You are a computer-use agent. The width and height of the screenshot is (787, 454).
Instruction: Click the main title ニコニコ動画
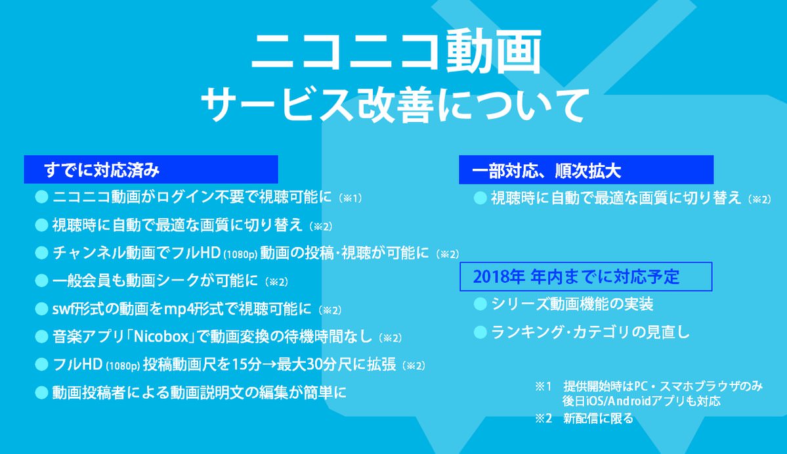coord(396,52)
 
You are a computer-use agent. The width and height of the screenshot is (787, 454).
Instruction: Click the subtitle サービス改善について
coord(394,105)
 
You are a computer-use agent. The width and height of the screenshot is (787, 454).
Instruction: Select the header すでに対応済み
coord(151,170)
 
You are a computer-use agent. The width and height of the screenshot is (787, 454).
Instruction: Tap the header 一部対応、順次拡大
coord(586,170)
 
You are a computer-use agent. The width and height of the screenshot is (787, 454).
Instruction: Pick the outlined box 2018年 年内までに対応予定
coord(586,277)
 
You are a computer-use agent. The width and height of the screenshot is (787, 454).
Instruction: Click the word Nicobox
coord(161,336)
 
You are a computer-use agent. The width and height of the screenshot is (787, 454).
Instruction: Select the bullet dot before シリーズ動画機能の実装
coord(480,304)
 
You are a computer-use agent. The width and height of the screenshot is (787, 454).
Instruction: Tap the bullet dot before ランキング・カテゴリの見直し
coord(480,332)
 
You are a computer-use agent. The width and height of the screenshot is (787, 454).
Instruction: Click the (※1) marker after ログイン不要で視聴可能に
coord(351,198)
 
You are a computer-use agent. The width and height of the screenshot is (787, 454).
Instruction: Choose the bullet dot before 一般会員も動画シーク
coord(41,281)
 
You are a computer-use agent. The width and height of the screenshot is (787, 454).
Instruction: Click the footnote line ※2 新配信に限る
coord(584,418)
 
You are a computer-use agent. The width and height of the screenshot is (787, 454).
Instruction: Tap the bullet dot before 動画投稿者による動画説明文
coord(41,392)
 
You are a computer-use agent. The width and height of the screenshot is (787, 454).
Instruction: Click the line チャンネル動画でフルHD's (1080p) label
coord(240,254)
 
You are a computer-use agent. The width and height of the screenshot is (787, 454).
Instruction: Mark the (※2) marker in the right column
coord(759,199)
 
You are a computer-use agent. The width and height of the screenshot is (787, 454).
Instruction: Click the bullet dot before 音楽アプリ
coord(41,336)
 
